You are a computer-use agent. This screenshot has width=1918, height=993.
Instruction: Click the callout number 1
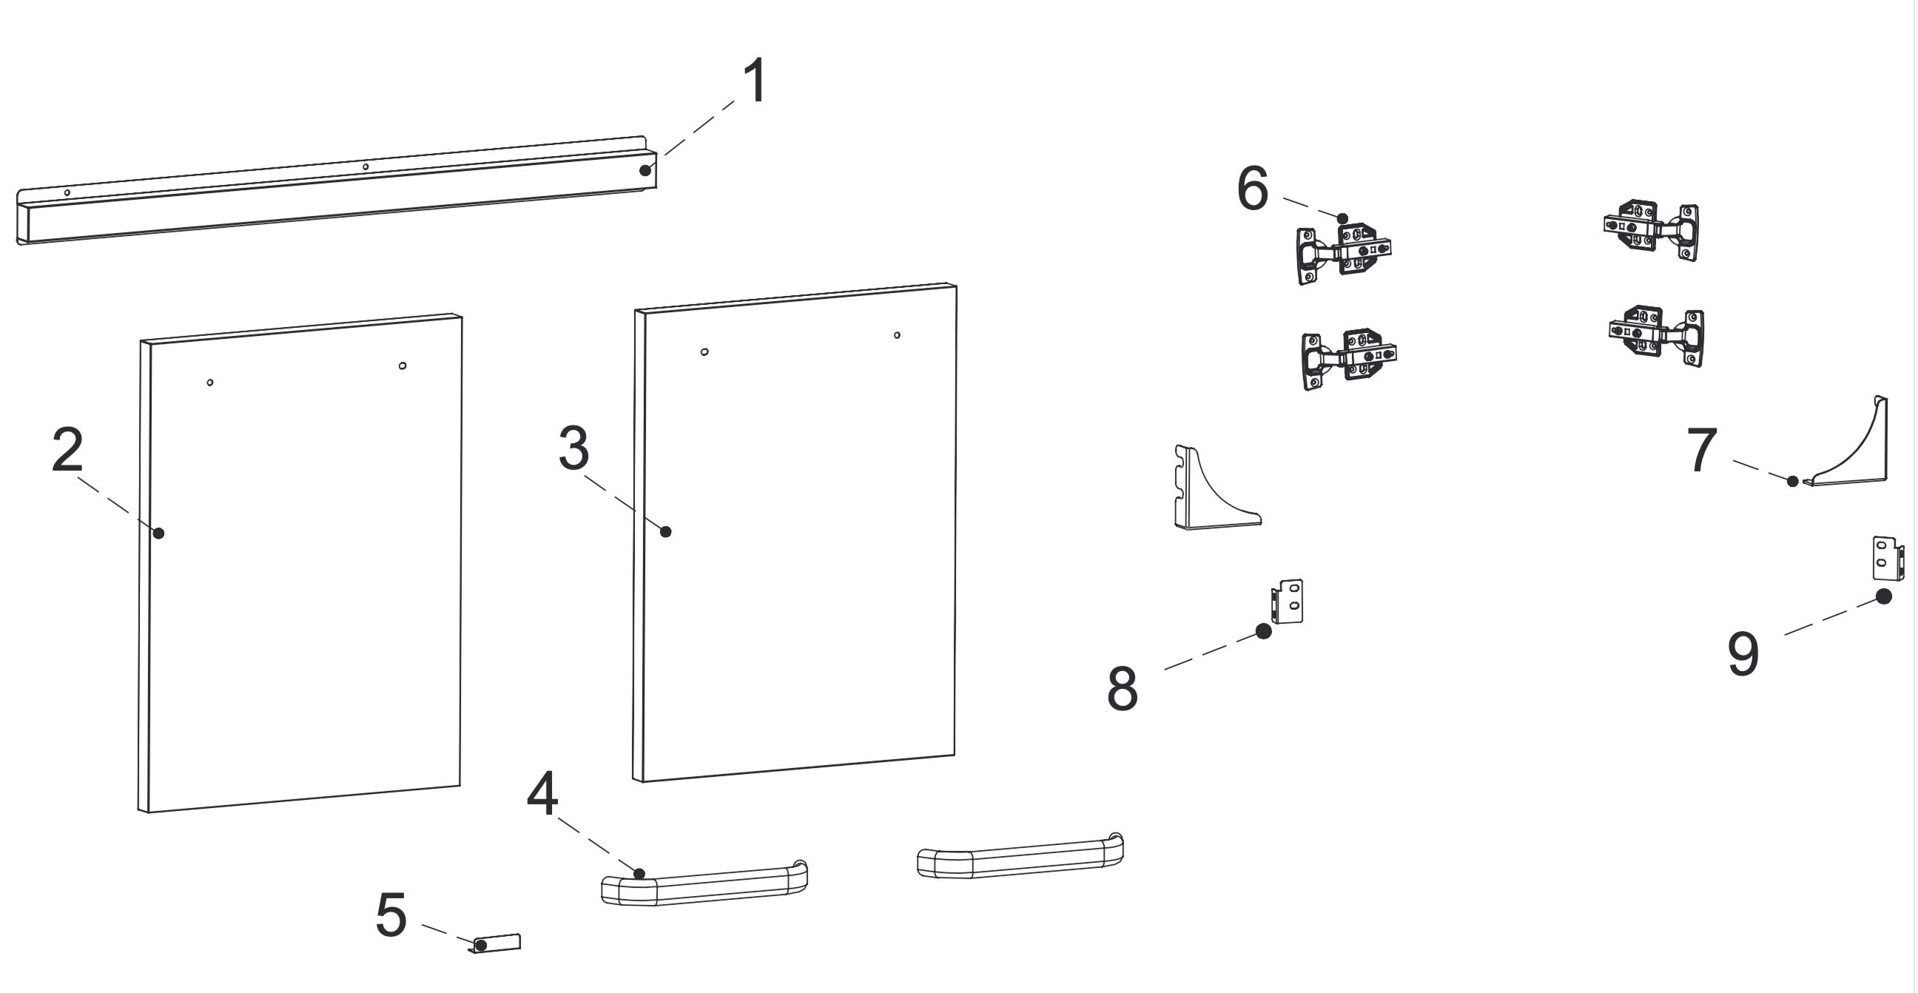pyautogui.click(x=755, y=81)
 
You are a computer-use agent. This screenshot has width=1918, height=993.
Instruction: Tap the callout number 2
pyautogui.click(x=67, y=450)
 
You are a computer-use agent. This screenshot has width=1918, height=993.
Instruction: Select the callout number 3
pyautogui.click(x=574, y=449)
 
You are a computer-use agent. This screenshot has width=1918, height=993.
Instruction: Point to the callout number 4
pyautogui.click(x=542, y=793)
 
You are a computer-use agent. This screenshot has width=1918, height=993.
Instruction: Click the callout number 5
pyautogui.click(x=391, y=915)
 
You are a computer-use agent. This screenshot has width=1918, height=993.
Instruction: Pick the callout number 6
pyautogui.click(x=1252, y=189)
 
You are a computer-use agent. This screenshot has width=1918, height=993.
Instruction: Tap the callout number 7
pyautogui.click(x=1702, y=451)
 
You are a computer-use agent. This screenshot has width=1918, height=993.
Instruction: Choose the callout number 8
pyautogui.click(x=1122, y=689)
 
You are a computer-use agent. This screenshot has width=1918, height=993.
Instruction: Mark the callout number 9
pyautogui.click(x=1743, y=654)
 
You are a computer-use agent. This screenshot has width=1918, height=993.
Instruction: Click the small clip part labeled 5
pyautogui.click(x=498, y=943)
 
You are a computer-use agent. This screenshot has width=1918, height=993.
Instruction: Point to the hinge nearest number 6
pyautogui.click(x=1344, y=253)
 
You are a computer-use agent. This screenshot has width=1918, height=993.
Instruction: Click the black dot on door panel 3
pyautogui.click(x=666, y=531)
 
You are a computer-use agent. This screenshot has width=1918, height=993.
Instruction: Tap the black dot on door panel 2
pyautogui.click(x=158, y=533)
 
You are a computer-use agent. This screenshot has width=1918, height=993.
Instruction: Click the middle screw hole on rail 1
pyautogui.click(x=365, y=166)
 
